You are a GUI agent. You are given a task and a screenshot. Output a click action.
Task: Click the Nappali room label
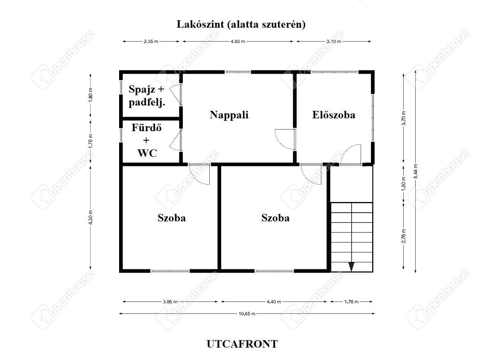tap(229, 115)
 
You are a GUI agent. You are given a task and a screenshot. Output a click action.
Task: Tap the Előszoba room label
tap(333, 115)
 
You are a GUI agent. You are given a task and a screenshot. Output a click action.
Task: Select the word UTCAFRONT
tap(242, 344)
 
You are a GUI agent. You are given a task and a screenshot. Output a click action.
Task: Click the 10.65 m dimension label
tap(247, 314)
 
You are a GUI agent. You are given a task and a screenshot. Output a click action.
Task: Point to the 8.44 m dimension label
tap(415, 171)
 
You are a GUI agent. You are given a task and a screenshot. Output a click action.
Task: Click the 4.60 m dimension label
tap(238, 41)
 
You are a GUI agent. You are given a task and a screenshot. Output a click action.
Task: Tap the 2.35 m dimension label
tap(151, 41)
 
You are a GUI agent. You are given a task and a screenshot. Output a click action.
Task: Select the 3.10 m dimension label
tap(334, 41)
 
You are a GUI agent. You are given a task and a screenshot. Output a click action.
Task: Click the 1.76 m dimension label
tap(351, 302)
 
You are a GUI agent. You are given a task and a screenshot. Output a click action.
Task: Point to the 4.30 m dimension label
tap(91, 218)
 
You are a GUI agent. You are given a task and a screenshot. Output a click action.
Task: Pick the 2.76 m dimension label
tap(403, 236)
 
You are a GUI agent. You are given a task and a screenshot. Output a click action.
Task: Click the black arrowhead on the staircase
tap(352, 266)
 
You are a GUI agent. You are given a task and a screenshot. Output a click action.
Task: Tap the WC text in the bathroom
tap(147, 153)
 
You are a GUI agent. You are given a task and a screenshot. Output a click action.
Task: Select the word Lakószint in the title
tap(200, 24)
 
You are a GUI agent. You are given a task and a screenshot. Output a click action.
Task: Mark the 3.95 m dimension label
tap(170, 302)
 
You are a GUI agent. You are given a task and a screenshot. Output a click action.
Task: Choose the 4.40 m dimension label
tap(274, 302)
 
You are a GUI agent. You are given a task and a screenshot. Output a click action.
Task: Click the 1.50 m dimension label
tap(403, 184)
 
